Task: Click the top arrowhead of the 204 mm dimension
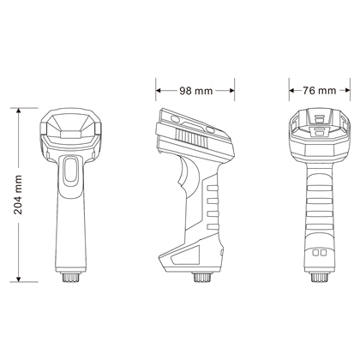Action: (19, 111)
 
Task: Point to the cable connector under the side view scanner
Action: (203, 279)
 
